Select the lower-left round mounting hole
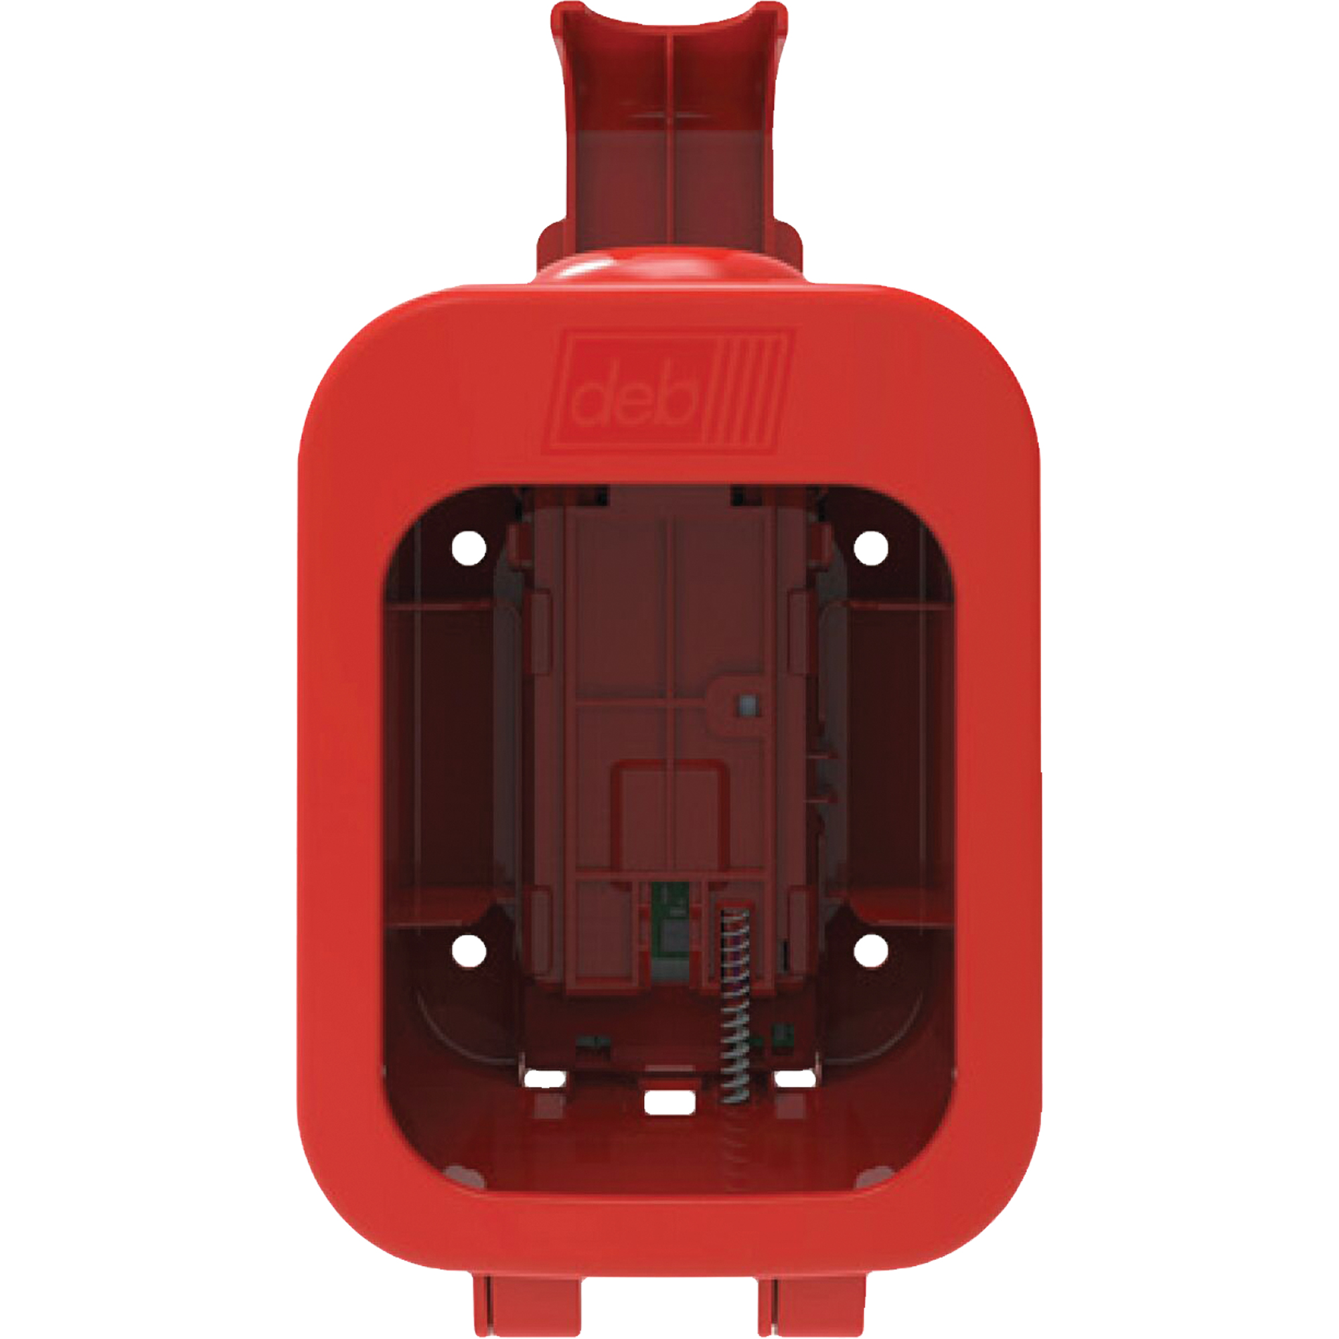469,949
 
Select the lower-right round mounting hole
870,949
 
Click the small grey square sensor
746,705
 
